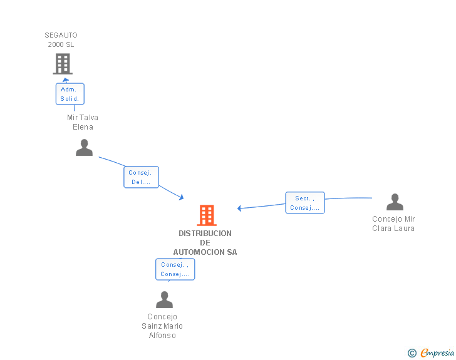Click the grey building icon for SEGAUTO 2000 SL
(62, 64)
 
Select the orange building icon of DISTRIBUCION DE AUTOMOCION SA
(207, 215)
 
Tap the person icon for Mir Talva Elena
(84, 148)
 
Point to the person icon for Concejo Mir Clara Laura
(395, 202)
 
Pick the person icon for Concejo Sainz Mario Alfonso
(164, 300)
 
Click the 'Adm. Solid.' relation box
(70, 94)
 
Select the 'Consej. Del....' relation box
(141, 177)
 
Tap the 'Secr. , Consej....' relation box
(305, 203)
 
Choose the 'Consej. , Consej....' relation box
(175, 269)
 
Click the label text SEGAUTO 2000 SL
(61, 39)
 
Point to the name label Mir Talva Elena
(83, 122)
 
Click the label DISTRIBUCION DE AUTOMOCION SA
(205, 242)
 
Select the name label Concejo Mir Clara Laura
(393, 224)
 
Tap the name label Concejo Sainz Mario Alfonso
(162, 326)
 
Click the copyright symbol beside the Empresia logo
(412, 353)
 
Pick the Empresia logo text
(437, 352)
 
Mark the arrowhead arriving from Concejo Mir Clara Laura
(239, 208)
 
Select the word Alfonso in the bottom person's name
(162, 336)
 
